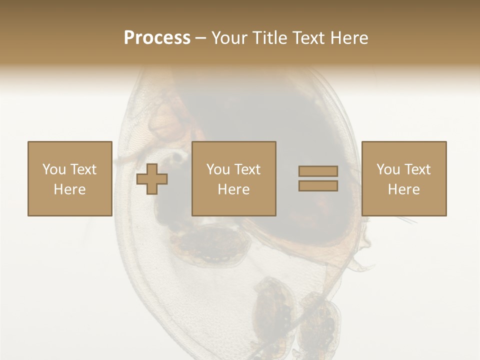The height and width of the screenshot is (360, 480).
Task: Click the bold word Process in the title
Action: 157,38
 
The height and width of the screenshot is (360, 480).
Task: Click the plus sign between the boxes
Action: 152,179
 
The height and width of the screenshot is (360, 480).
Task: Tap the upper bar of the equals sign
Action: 318,171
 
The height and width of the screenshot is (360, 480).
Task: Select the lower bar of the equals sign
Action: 318,186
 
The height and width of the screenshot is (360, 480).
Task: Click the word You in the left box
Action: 54,169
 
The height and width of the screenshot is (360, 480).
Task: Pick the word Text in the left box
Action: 83,169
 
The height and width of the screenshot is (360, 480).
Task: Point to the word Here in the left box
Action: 69,189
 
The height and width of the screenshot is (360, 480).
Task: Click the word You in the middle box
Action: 218,169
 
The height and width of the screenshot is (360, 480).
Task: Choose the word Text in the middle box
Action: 247,169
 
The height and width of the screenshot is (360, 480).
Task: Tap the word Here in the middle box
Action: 233,189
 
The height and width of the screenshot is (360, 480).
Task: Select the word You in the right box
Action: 388,169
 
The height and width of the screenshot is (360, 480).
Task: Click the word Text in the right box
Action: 417,169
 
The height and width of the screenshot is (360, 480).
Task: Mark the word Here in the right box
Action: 403,189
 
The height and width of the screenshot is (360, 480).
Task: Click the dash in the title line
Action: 201,38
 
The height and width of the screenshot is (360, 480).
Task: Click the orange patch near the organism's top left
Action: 167,122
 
